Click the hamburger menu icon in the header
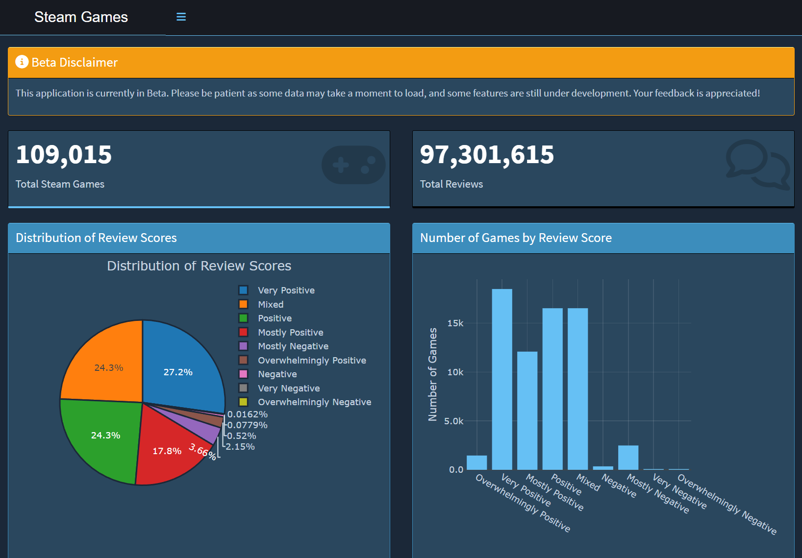click(x=181, y=17)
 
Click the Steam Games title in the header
click(x=81, y=17)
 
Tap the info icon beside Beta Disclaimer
click(x=22, y=62)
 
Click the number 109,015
click(x=64, y=155)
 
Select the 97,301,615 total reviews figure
click(x=486, y=155)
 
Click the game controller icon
click(x=353, y=165)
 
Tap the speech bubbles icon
click(x=757, y=164)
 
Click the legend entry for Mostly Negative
click(x=293, y=346)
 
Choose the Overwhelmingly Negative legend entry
click(x=314, y=402)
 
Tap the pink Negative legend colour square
click(x=243, y=374)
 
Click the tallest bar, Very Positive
click(x=502, y=380)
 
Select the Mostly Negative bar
click(x=628, y=458)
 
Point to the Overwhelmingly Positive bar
click(x=476, y=463)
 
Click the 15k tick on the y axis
click(x=455, y=323)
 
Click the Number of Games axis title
click(x=432, y=374)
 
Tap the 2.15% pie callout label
click(x=240, y=447)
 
